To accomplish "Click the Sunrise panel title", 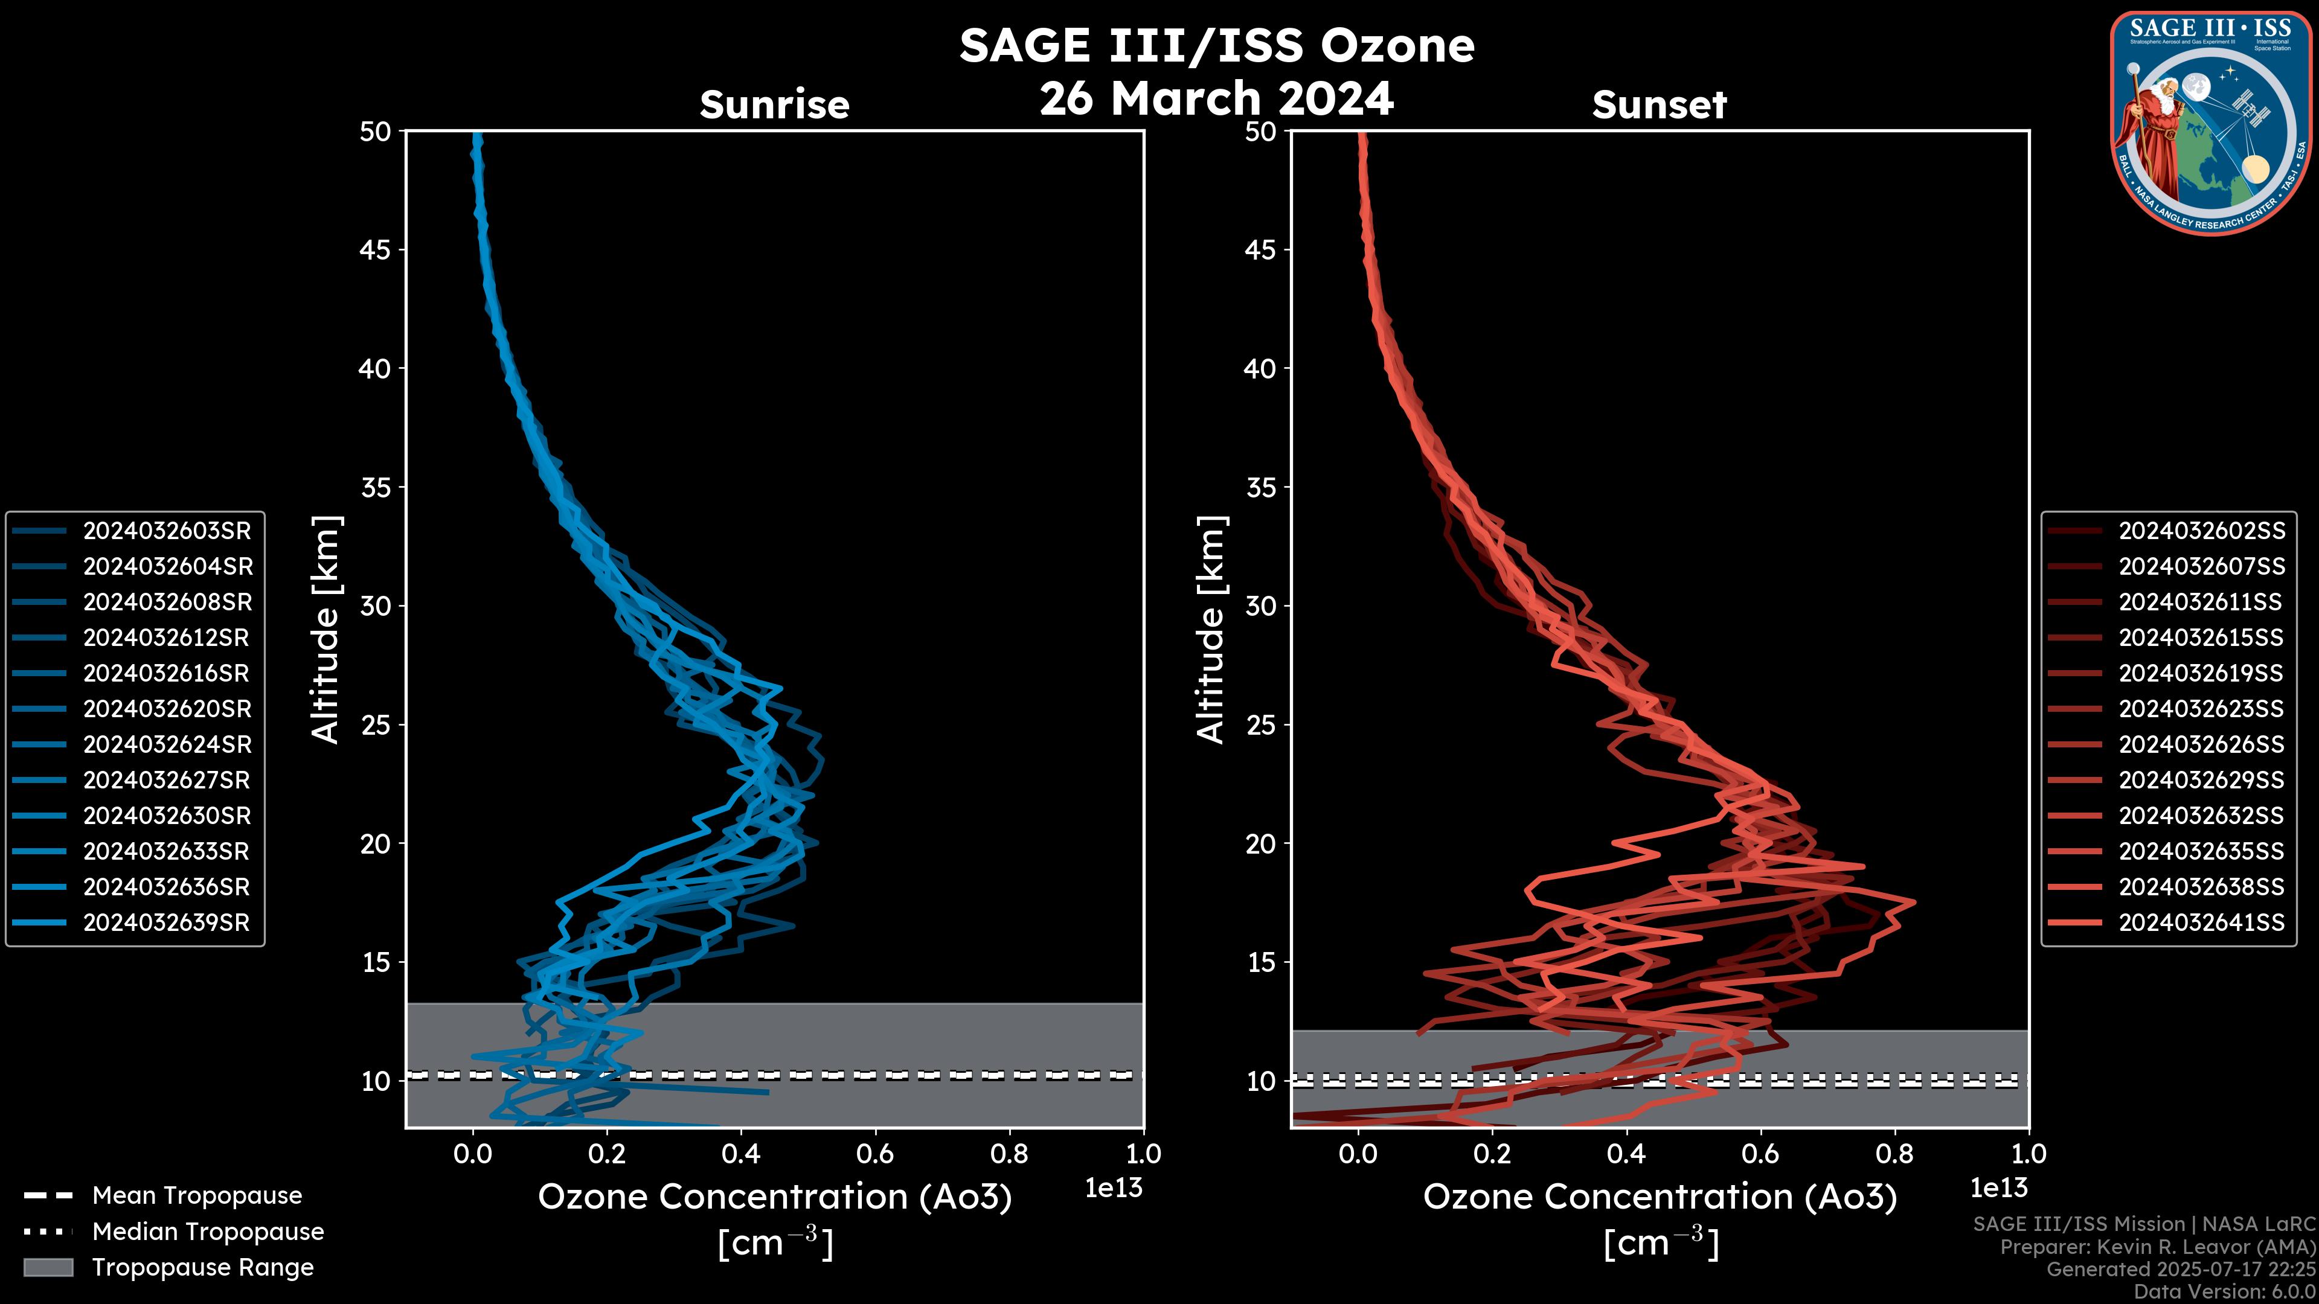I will (774, 104).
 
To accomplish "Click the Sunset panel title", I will (1659, 104).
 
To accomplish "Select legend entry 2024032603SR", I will (167, 531).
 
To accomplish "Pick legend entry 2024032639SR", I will (167, 922).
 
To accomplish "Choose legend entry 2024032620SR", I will (167, 709).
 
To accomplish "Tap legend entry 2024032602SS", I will (2201, 531).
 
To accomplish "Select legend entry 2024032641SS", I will (2201, 922).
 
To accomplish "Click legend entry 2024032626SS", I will (2201, 744).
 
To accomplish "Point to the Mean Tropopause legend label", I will (197, 1195).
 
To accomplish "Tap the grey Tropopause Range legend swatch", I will (48, 1267).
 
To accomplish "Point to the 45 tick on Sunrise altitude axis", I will (376, 249).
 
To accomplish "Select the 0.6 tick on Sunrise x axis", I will (875, 1153).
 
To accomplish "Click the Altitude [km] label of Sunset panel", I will (1211, 629).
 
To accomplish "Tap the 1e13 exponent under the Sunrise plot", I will (1114, 1188).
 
